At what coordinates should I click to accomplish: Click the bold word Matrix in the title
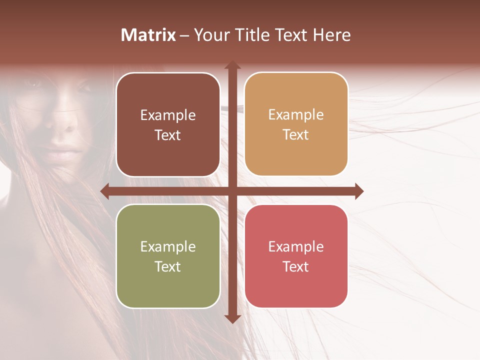[148, 35]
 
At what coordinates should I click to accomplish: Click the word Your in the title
[211, 35]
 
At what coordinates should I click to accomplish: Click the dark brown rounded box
[168, 125]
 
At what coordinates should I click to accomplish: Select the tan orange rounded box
[296, 124]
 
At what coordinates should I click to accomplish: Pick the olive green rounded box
[168, 256]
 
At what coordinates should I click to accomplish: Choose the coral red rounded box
[296, 256]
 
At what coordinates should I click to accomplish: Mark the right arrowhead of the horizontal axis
[358, 191]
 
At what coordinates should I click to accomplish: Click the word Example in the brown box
[168, 115]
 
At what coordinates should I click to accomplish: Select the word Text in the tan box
[296, 135]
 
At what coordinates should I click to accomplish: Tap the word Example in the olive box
[168, 246]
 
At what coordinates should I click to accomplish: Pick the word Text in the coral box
[296, 266]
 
